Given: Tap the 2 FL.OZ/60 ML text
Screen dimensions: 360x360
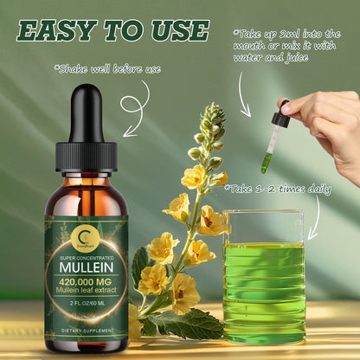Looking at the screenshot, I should pos(85,306).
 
